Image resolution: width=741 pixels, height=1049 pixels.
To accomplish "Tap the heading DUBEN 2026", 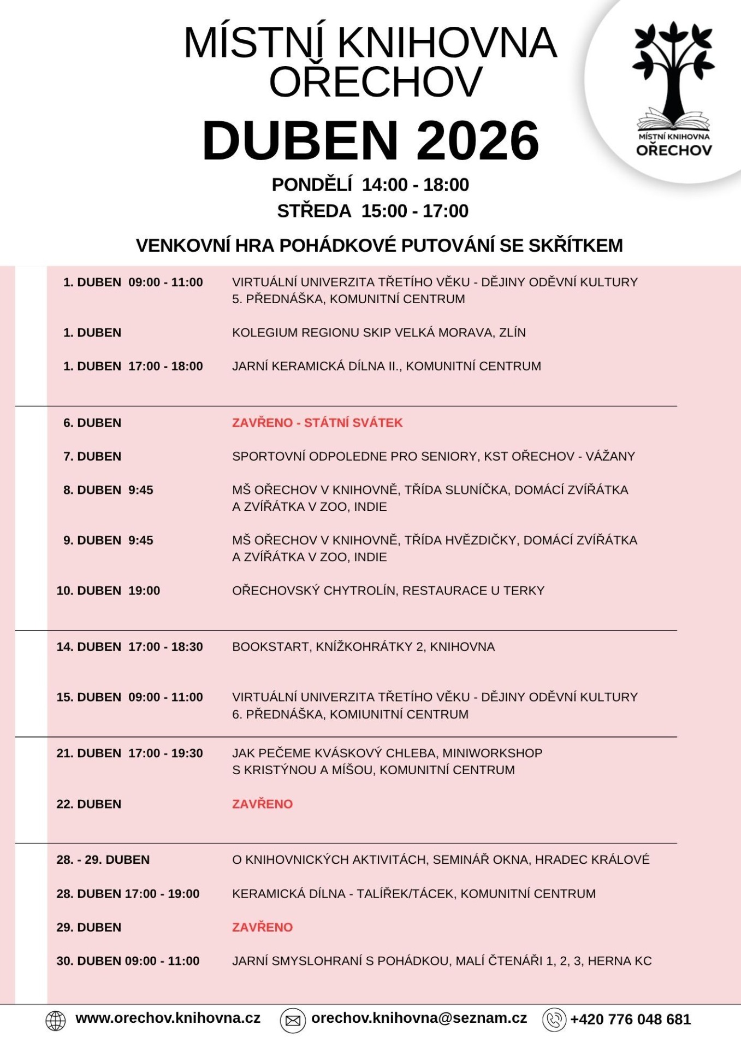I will [x=371, y=141].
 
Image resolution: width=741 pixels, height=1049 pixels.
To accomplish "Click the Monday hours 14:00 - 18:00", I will [x=415, y=185].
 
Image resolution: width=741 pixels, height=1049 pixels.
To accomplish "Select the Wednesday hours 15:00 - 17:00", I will [x=414, y=211].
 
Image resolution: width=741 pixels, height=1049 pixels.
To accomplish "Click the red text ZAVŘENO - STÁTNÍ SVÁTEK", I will [x=317, y=423].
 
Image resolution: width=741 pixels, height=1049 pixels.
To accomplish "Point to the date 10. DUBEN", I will [x=88, y=591].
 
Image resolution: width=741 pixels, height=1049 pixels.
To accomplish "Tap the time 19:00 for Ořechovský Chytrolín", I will [x=144, y=591].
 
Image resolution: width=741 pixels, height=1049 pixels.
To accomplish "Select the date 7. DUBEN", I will [x=92, y=456].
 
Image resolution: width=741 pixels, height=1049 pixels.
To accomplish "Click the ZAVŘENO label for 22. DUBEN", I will [x=262, y=804].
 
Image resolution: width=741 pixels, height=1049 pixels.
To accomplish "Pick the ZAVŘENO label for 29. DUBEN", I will [x=262, y=927].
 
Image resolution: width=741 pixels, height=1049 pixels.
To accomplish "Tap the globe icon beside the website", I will [x=55, y=1020].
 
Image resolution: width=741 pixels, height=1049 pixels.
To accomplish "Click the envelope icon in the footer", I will [x=293, y=1020].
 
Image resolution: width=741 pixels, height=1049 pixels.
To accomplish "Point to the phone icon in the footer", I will [x=554, y=1020].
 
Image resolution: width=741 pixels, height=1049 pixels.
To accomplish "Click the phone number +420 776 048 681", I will [x=631, y=1019].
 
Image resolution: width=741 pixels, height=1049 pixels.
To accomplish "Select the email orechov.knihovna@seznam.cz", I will [x=419, y=1018].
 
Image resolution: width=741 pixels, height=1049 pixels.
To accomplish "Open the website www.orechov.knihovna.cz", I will [x=168, y=1018].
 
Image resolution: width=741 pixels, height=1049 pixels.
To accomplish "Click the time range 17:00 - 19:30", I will [x=165, y=753].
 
